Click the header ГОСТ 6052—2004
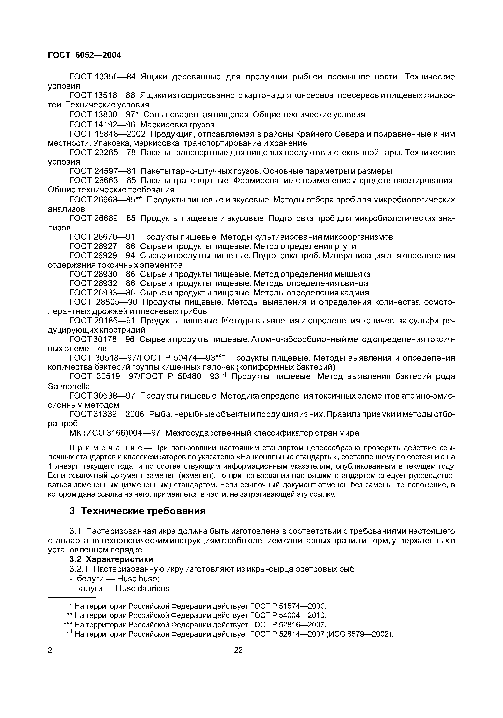[x=84, y=55]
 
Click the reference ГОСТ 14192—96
[x=102, y=125]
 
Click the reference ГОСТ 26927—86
[x=102, y=246]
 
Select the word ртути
[x=345, y=246]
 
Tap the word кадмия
[x=355, y=293]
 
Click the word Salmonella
[x=69, y=386]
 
